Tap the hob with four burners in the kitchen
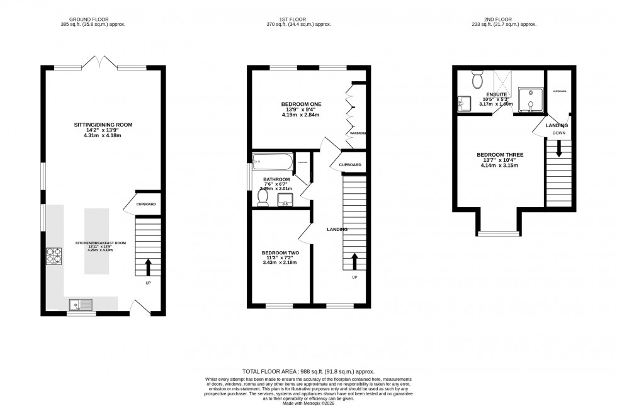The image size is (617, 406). tap(53, 256)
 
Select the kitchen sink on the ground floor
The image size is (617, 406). tap(82, 305)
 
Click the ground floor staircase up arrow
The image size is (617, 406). tap(149, 267)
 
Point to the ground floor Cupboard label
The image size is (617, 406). tap(145, 204)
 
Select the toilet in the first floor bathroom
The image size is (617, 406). tap(263, 197)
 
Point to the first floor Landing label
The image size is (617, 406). tap(337, 229)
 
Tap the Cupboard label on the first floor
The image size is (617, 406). tap(350, 165)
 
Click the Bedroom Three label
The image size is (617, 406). tap(500, 154)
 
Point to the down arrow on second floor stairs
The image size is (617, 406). tap(558, 150)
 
